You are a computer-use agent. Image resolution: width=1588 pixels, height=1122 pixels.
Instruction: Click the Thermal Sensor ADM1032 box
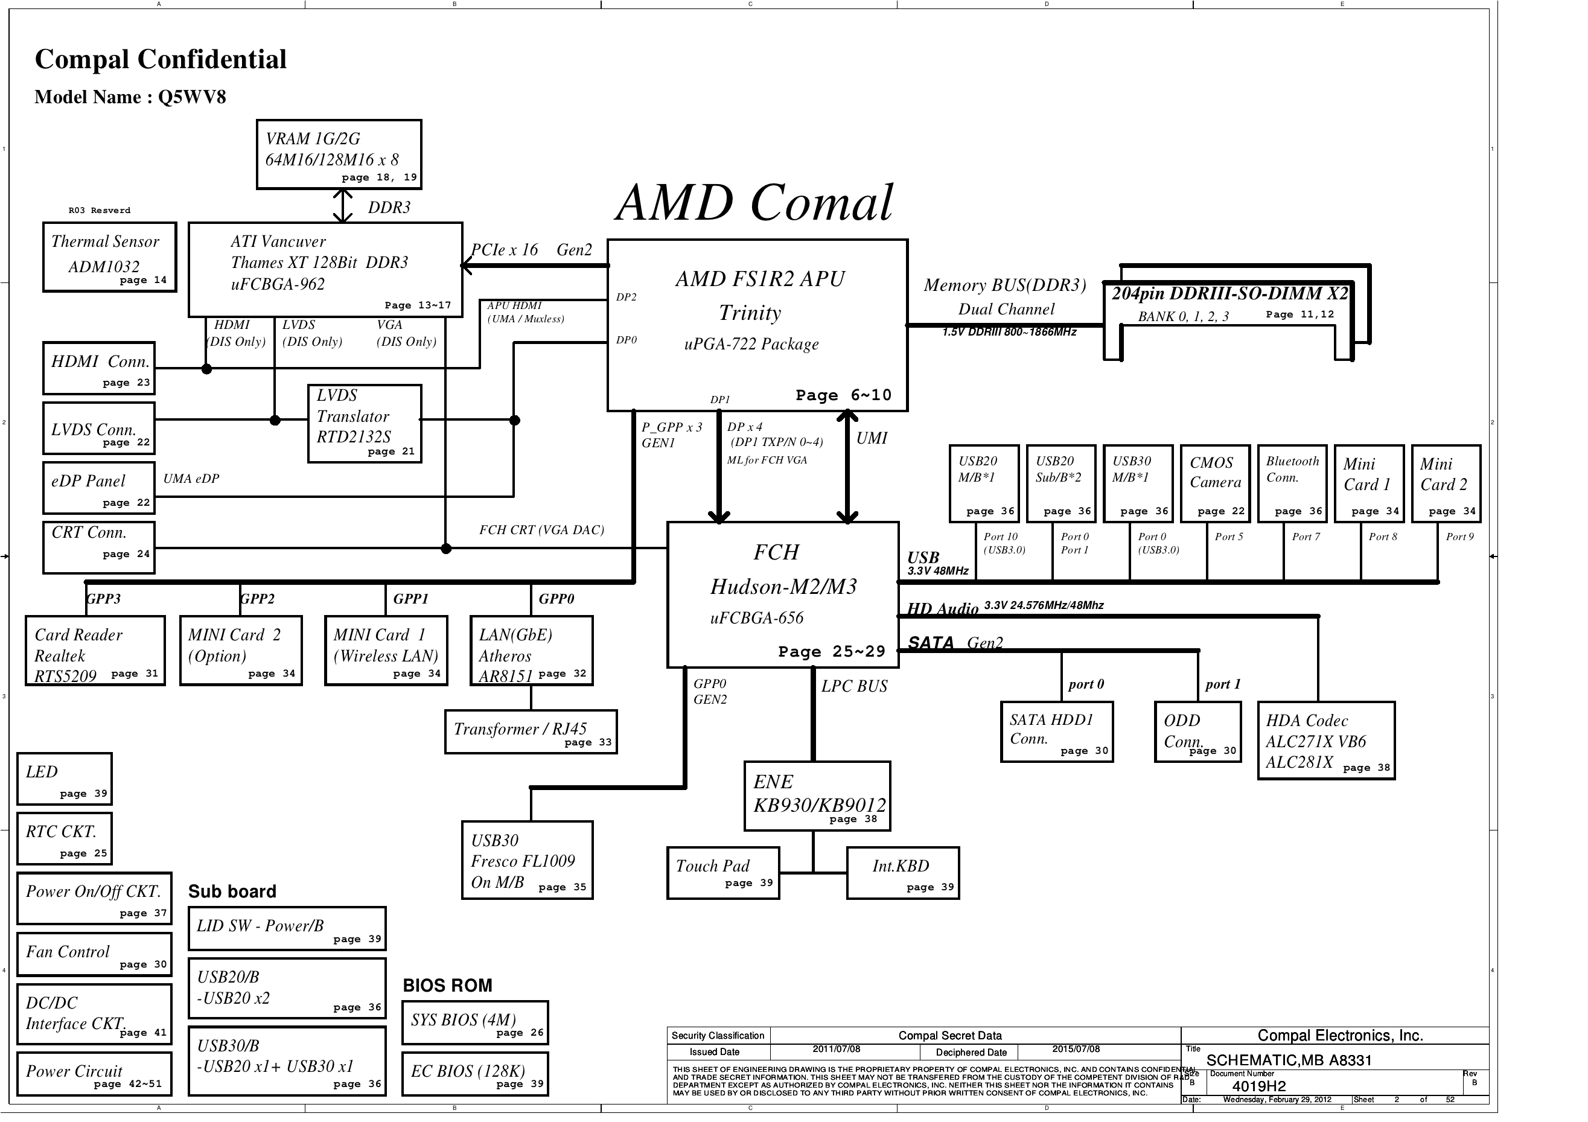pyautogui.click(x=109, y=257)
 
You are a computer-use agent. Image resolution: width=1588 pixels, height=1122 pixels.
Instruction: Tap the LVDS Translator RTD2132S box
pyautogui.click(x=364, y=423)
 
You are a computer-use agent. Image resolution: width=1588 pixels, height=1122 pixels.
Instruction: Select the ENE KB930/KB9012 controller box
pyautogui.click(x=817, y=795)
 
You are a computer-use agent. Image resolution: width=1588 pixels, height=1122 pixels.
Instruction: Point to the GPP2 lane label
pyautogui.click(x=257, y=599)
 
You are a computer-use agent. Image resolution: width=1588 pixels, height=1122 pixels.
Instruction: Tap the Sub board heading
pyautogui.click(x=232, y=891)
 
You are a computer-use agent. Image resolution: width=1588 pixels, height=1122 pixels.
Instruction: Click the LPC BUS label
pyautogui.click(x=854, y=686)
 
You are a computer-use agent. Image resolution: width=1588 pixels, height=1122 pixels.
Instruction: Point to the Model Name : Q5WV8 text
pyautogui.click(x=131, y=97)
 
